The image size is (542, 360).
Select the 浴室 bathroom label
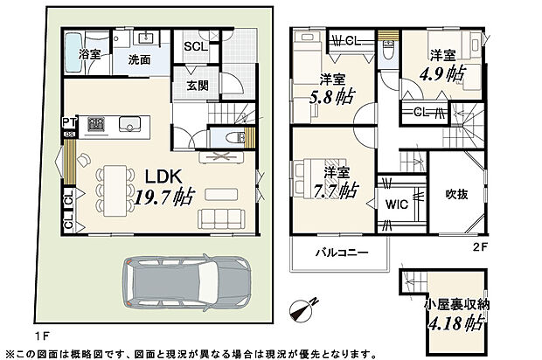pyautogui.click(x=89, y=54)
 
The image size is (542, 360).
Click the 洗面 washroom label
pyautogui.click(x=139, y=61)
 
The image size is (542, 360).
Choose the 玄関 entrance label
pyautogui.click(x=198, y=85)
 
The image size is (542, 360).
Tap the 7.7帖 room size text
pyautogui.click(x=336, y=188)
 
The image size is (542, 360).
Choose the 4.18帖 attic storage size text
pyautogui.click(x=446, y=322)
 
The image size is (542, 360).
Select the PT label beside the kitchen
pyautogui.click(x=67, y=121)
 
